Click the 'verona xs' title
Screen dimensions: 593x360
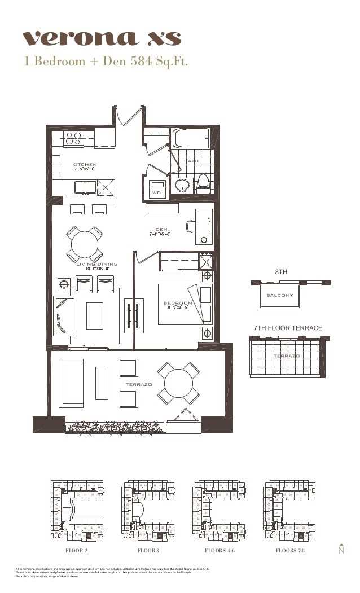[102, 38]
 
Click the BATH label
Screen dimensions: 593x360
[191, 161]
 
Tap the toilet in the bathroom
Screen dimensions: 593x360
[203, 183]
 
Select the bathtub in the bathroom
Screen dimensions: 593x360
[191, 138]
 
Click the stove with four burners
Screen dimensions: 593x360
[73, 138]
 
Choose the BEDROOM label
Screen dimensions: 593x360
[178, 303]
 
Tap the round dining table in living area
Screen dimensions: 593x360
[85, 244]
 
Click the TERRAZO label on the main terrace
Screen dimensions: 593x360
[139, 384]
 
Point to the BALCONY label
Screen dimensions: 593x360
[279, 295]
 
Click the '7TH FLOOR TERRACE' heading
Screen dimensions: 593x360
[288, 328]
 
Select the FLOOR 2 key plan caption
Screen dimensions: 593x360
[77, 550]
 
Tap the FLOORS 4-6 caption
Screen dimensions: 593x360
[217, 550]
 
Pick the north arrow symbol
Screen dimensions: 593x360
[341, 549]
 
